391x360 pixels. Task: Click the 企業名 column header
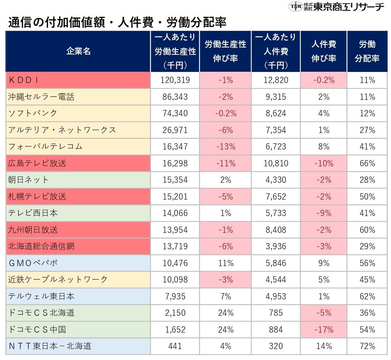[x=78, y=51]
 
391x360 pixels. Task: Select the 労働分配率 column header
[x=367, y=51]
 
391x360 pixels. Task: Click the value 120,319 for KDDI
[x=174, y=80]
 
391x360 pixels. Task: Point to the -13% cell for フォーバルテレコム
[x=225, y=147]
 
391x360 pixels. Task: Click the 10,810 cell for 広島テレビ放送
[x=275, y=163]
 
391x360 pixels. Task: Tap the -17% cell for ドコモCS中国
[x=323, y=329]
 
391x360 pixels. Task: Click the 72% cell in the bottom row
[x=367, y=346]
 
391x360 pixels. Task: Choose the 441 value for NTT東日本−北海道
[x=174, y=346]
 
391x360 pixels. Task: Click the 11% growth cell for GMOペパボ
[x=225, y=263]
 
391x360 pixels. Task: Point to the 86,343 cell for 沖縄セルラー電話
[x=174, y=97]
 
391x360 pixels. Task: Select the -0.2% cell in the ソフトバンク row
[x=225, y=113]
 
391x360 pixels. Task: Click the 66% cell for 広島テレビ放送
[x=367, y=163]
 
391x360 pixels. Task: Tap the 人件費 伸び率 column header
[x=323, y=51]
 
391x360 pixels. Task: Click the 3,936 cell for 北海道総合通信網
[x=275, y=246]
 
